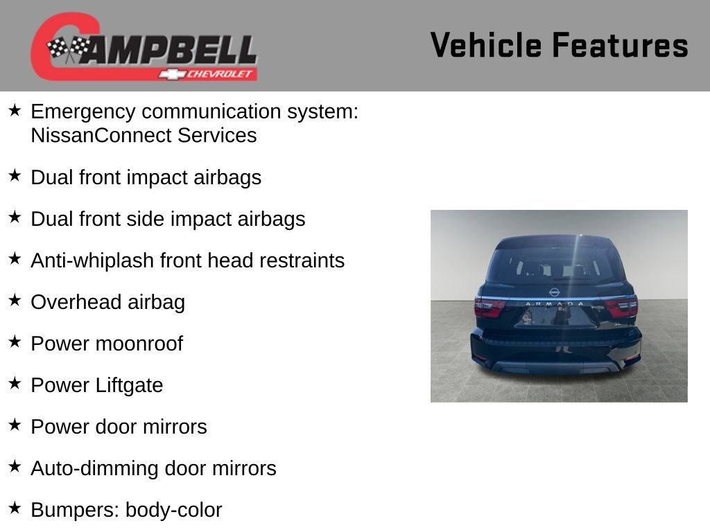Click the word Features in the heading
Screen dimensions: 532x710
(x=620, y=45)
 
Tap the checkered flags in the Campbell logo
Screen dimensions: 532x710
(x=68, y=48)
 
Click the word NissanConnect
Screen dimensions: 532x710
(x=101, y=135)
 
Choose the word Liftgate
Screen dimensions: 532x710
(x=129, y=385)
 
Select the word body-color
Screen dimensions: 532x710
(x=174, y=510)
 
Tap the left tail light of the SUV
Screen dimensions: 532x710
(x=489, y=306)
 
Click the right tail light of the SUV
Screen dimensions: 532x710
(x=621, y=305)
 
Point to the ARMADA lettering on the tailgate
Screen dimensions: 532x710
(x=555, y=303)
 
